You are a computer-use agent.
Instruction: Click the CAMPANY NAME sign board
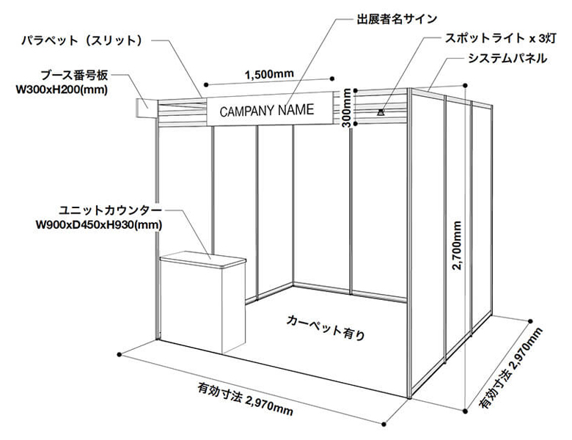267,111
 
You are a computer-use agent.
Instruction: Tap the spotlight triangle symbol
381,112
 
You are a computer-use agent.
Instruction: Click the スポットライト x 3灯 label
492,39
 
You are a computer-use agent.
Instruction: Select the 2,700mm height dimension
457,247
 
